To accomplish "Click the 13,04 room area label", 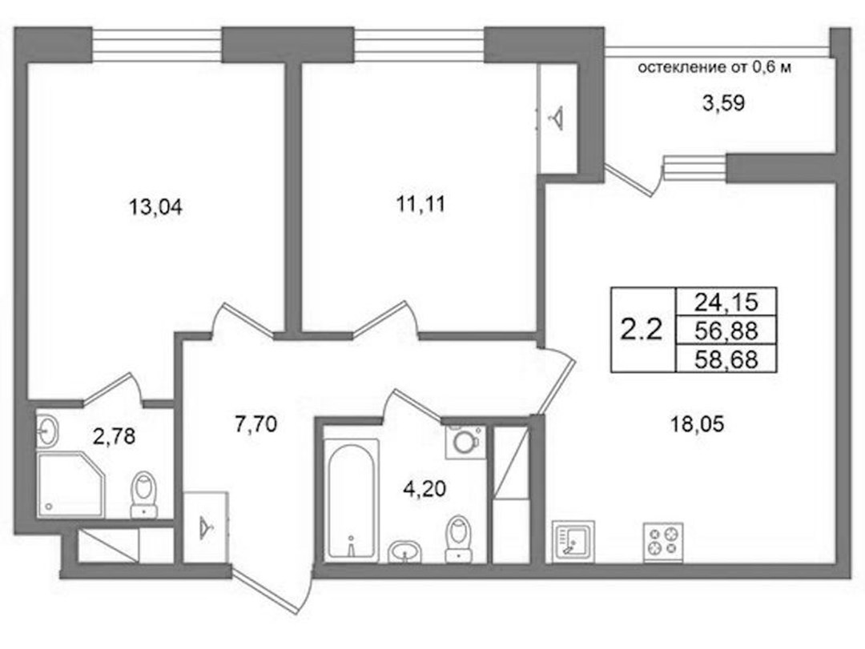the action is pos(155,208).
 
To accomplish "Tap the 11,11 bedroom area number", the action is pos(421,205).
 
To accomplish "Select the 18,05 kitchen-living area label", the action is pos(698,425).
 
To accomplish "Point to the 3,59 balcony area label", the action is pos(723,103).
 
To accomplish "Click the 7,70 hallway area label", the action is pos(255,425).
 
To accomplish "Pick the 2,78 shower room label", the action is pos(115,437).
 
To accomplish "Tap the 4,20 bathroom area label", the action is pos(424,488).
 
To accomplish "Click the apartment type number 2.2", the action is pos(642,330).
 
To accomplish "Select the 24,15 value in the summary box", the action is pos(726,302).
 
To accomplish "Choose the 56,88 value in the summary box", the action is pos(726,331).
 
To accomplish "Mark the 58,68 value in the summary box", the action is pos(726,359).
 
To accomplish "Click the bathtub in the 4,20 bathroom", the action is pos(352,500).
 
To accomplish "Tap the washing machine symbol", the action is pos(465,442).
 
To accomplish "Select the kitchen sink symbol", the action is pos(573,542).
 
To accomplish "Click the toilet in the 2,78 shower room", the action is pos(144,495).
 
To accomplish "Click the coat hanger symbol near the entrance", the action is pos(205,527).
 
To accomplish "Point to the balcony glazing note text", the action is pos(714,68).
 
